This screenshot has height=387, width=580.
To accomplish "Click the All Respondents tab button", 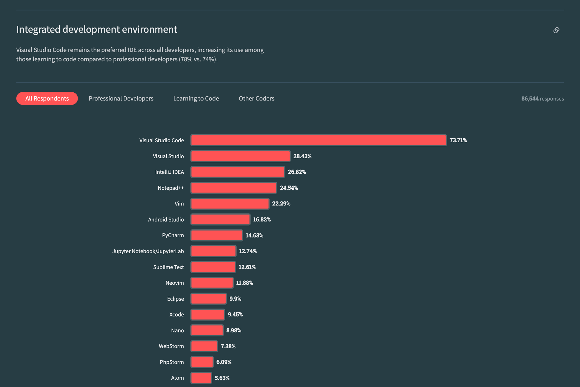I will tap(47, 98).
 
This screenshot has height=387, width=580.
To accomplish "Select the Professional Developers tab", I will tap(121, 98).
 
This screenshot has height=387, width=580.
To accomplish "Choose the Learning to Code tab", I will tap(196, 98).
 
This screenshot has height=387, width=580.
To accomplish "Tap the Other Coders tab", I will tap(256, 98).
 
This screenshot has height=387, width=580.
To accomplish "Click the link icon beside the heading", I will tap(556, 30).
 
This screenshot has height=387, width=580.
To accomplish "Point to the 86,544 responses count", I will tap(542, 99).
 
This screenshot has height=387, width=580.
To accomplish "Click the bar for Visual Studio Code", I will tap(318, 140).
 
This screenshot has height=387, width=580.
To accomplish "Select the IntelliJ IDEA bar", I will tap(238, 172).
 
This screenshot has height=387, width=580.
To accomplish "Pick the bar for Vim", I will tap(230, 204).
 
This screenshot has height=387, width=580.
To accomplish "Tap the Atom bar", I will tap(201, 378).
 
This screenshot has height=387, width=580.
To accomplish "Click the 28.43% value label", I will tap(302, 156).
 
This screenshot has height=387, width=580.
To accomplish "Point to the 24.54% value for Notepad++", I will tap(289, 188).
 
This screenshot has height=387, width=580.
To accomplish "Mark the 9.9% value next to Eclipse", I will tap(235, 299).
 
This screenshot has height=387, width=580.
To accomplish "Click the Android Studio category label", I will tap(166, 219).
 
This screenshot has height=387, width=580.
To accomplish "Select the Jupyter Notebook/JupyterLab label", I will tap(148, 251).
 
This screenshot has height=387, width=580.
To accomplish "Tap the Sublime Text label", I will tap(168, 267).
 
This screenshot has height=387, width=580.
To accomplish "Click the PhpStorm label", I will tap(172, 362).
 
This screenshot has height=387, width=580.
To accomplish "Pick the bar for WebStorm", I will tap(204, 346).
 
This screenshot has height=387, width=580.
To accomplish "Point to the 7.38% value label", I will tap(228, 346).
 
